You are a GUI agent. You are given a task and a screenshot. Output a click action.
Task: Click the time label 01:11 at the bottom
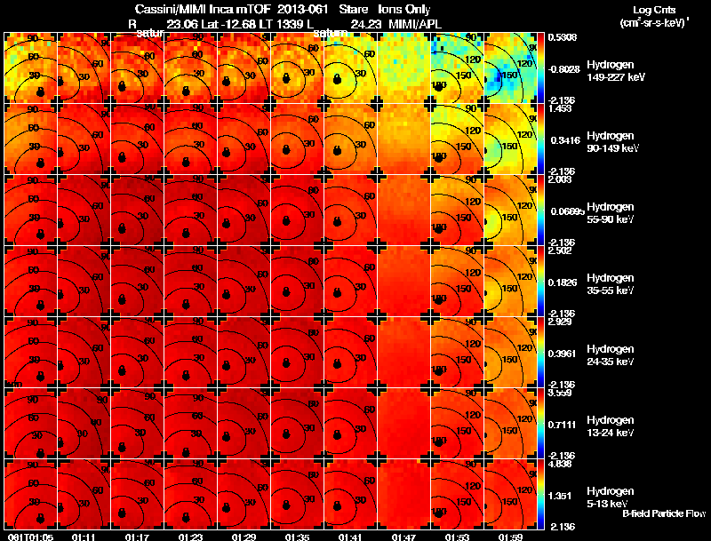pyautogui.click(x=84, y=537)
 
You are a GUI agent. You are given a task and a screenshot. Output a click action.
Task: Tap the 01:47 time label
pyautogui.click(x=404, y=537)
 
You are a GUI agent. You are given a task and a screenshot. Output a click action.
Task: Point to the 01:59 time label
pyautogui.click(x=511, y=537)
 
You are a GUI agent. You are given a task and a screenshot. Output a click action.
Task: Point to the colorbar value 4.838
pyautogui.click(x=563, y=463)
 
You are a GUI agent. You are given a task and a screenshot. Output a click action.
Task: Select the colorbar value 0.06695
pyautogui.click(x=566, y=211)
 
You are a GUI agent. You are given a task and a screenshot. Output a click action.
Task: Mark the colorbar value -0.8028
pyautogui.click(x=566, y=68)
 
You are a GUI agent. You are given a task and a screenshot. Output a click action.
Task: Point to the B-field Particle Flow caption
pyautogui.click(x=664, y=513)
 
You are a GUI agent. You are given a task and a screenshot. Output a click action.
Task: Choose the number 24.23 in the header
pyautogui.click(x=366, y=24)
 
